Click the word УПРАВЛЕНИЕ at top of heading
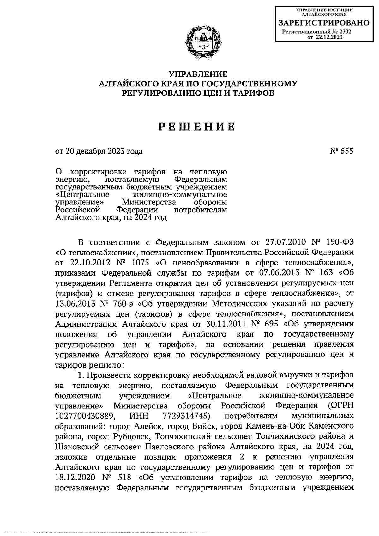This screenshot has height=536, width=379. [x=198, y=75]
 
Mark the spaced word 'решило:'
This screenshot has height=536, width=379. [x=105, y=365]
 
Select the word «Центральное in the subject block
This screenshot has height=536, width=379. [x=82, y=194]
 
